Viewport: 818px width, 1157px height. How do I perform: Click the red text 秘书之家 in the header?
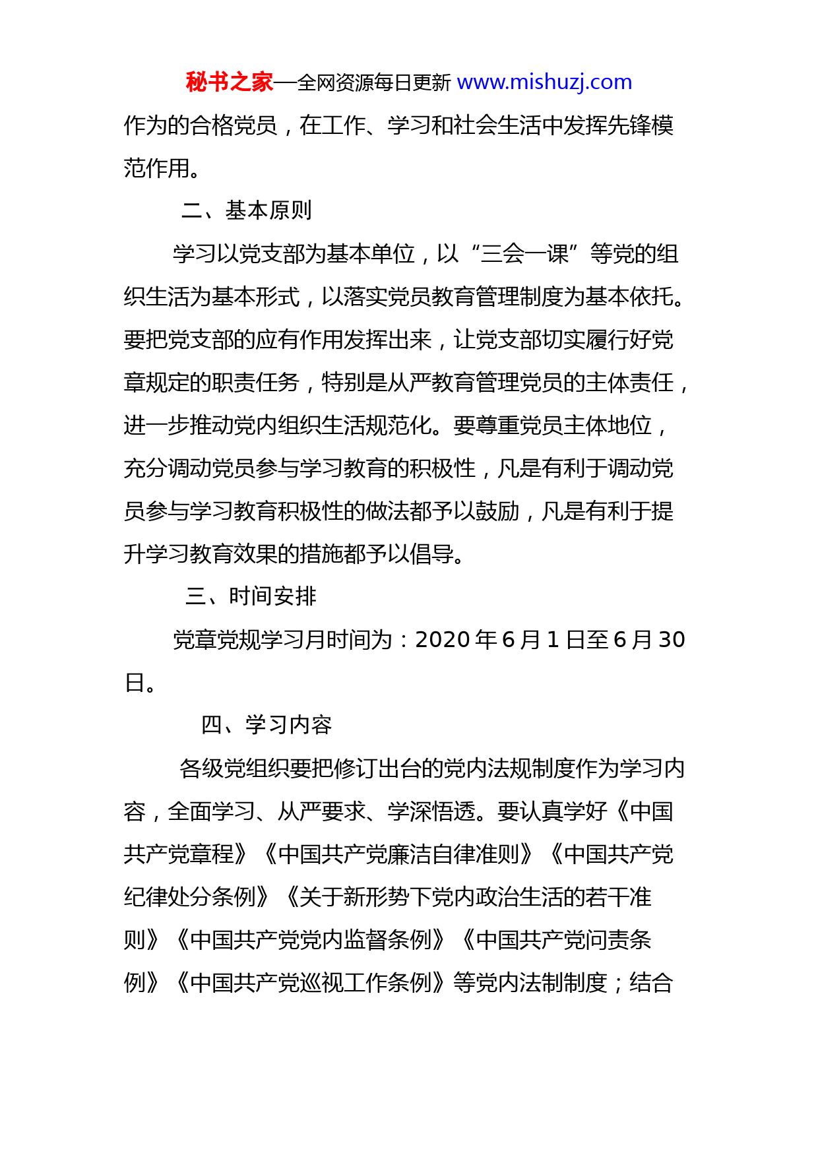[x=229, y=82]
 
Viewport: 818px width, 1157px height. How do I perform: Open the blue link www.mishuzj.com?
[x=544, y=82]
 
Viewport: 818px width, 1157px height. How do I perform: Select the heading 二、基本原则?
[x=246, y=210]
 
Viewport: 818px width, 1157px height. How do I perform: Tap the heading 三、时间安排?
[x=251, y=596]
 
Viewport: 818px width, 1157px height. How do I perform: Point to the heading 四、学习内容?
[x=266, y=725]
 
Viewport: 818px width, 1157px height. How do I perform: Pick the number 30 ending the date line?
[x=672, y=639]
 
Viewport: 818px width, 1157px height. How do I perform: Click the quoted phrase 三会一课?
[x=525, y=254]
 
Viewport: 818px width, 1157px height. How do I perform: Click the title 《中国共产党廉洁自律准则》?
[x=398, y=854]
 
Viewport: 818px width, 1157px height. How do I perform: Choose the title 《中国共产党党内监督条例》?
[x=310, y=940]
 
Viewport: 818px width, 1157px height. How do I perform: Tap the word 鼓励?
[x=497, y=511]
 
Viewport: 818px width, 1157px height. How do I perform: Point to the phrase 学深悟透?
[x=431, y=811]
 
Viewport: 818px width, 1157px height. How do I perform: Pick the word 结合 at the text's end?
[x=651, y=983]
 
